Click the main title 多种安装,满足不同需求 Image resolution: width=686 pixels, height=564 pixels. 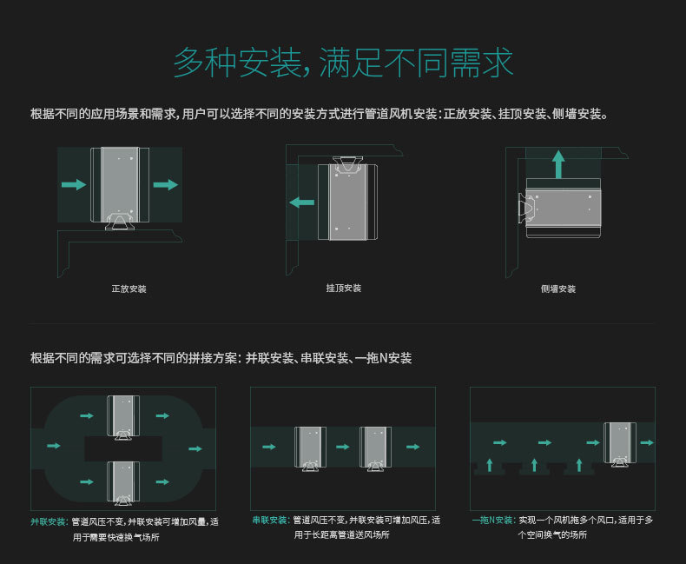pos(343,63)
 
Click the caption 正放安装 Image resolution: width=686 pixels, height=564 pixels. pos(129,289)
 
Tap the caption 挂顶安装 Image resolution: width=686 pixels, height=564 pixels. pos(343,288)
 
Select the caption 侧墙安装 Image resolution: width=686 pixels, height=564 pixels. pos(557,289)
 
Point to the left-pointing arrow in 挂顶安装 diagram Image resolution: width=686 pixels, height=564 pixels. pos(301,202)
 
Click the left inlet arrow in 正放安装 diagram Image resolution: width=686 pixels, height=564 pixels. pos(75,184)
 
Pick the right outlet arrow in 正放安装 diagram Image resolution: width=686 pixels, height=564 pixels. pos(165,184)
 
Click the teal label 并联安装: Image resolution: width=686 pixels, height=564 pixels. pos(49,521)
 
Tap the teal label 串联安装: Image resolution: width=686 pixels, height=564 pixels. pos(271,521)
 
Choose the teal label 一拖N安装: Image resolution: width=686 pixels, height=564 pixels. pos(493,521)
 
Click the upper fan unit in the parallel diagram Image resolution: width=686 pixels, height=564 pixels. pos(122,417)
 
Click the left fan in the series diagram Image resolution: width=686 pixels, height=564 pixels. pos(310,448)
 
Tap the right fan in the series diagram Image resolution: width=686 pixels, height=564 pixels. pos(375,448)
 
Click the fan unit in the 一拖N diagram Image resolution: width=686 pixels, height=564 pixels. pos(619,443)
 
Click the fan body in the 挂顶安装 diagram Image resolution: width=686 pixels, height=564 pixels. pos(349,202)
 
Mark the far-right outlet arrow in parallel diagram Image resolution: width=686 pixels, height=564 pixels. pos(195,449)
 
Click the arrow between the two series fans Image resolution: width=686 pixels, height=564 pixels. pos(343,447)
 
